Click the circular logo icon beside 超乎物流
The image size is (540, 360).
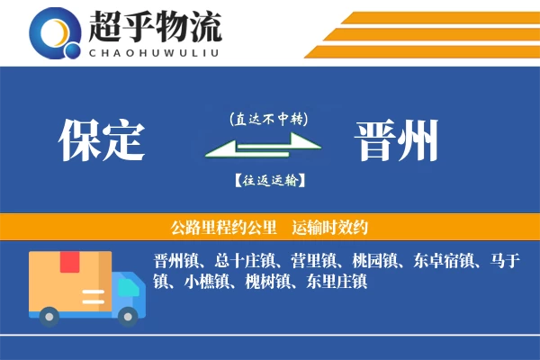point(56,33)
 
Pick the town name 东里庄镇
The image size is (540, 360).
point(336,283)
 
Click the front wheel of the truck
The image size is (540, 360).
point(129,314)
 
